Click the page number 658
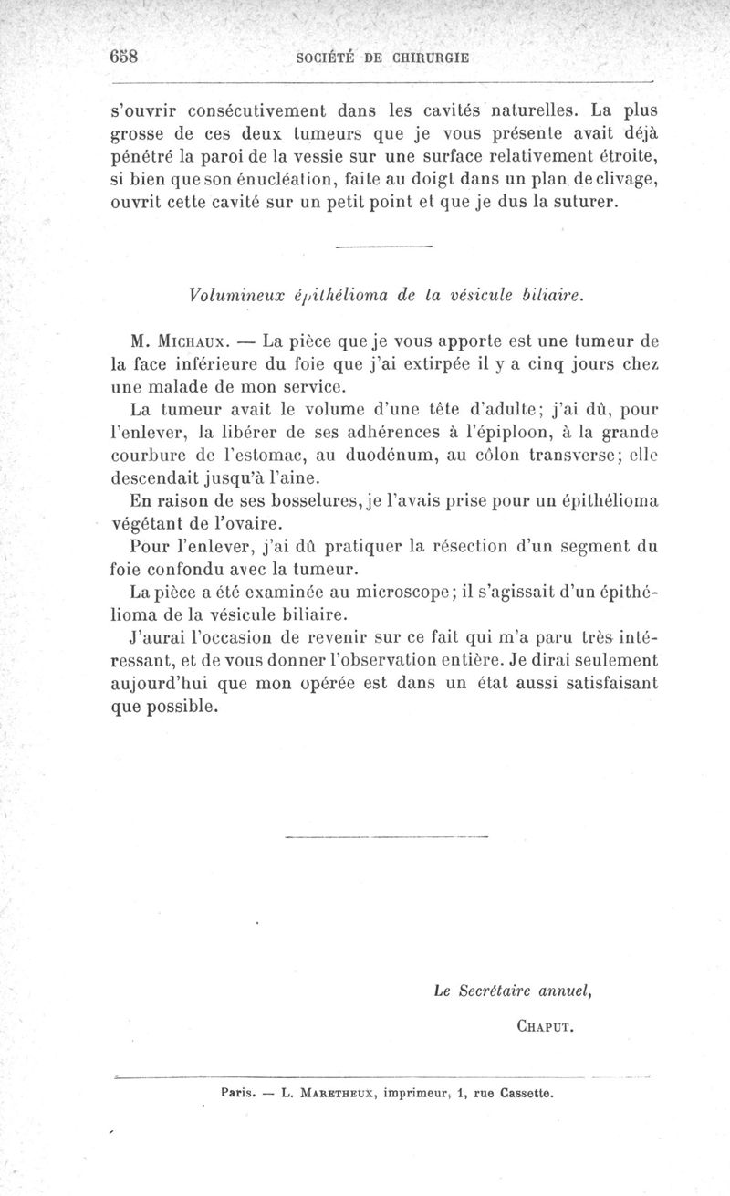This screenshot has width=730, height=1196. (122, 55)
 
